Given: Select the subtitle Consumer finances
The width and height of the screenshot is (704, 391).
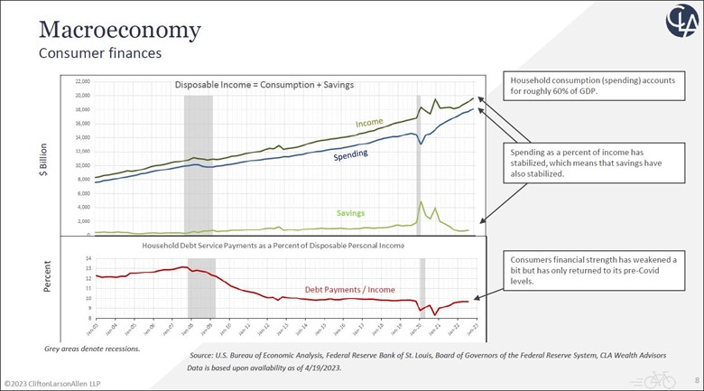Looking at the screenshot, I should (x=99, y=53).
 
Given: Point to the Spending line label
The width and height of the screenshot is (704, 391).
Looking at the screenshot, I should (x=350, y=156).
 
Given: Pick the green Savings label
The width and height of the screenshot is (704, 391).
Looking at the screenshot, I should (x=350, y=213).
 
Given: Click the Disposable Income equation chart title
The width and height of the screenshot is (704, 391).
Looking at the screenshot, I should (x=263, y=86).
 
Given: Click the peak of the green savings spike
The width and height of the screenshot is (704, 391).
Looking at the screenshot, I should (x=421, y=201).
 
